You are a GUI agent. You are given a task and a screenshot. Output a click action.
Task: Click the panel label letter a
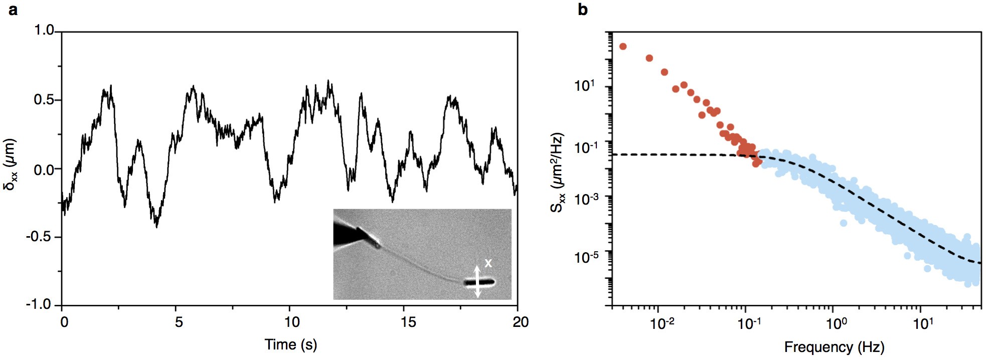13,10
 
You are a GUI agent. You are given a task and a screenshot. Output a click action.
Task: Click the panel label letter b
582,10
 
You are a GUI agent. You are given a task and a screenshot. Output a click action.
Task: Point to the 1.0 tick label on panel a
44,31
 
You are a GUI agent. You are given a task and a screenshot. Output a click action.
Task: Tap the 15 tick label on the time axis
408,322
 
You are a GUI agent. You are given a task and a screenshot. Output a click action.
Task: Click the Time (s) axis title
291,345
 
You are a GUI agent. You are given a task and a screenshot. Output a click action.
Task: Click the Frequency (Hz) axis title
834,347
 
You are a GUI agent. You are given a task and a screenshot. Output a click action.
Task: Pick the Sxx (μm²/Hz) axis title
558,172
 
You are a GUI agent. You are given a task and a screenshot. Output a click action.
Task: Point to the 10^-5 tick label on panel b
586,257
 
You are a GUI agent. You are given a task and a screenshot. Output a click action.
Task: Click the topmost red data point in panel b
623,46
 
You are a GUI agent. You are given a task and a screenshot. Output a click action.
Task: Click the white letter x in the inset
488,263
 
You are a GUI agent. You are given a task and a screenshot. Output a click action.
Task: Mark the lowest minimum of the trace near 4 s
157,226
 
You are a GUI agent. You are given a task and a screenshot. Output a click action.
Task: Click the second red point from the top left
649,58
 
